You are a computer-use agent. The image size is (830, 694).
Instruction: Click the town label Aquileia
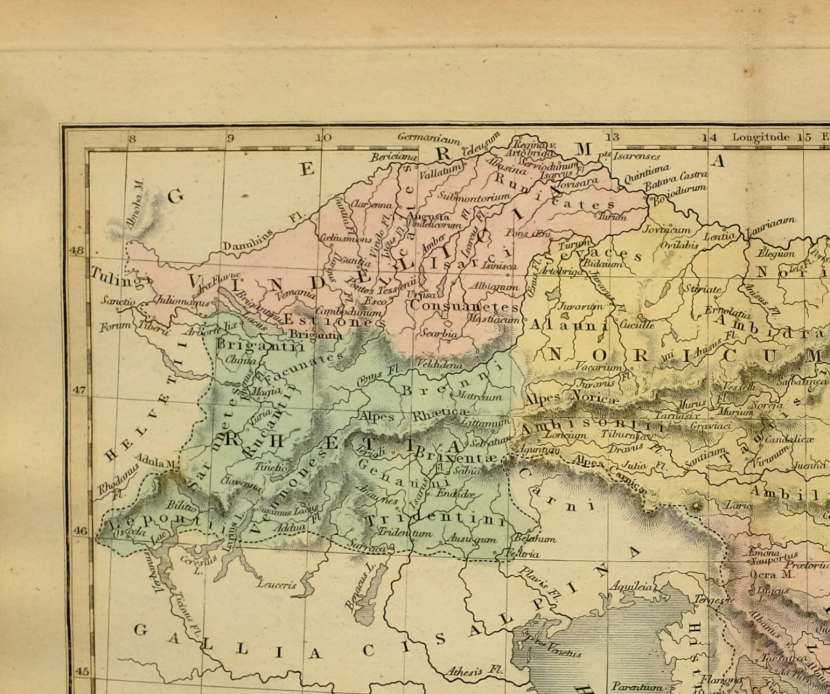coord(631,587)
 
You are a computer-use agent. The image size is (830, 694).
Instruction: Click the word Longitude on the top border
coord(760,137)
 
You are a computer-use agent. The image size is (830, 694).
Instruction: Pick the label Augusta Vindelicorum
coord(434,221)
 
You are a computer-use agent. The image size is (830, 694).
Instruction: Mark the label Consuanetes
coord(463,306)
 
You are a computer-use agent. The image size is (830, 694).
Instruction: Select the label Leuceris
coord(276,585)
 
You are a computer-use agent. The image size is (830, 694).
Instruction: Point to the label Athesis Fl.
coord(474,671)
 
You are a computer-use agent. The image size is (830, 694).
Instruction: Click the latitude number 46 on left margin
coord(81,531)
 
